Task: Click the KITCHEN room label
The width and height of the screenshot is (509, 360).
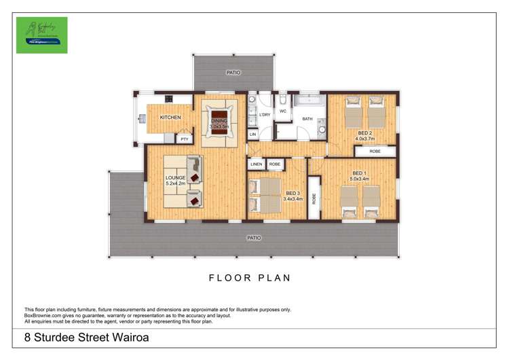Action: pyautogui.click(x=170, y=118)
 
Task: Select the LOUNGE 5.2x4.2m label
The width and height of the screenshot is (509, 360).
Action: pyautogui.click(x=175, y=181)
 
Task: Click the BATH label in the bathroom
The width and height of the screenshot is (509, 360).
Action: pyautogui.click(x=307, y=119)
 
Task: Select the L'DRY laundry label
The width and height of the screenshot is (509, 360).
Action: pyautogui.click(x=265, y=115)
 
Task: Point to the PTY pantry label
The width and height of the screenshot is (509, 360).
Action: pyautogui.click(x=184, y=139)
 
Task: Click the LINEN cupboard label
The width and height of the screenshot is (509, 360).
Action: pyautogui.click(x=256, y=164)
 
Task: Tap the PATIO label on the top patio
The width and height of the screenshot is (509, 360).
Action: pyautogui.click(x=233, y=72)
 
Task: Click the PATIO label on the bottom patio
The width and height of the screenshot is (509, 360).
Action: pyautogui.click(x=254, y=238)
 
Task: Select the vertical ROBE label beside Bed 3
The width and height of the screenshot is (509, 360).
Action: pyautogui.click(x=314, y=199)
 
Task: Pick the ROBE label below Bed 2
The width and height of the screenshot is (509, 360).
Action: pyautogui.click(x=375, y=151)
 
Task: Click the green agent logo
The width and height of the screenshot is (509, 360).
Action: pyautogui.click(x=42, y=35)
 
